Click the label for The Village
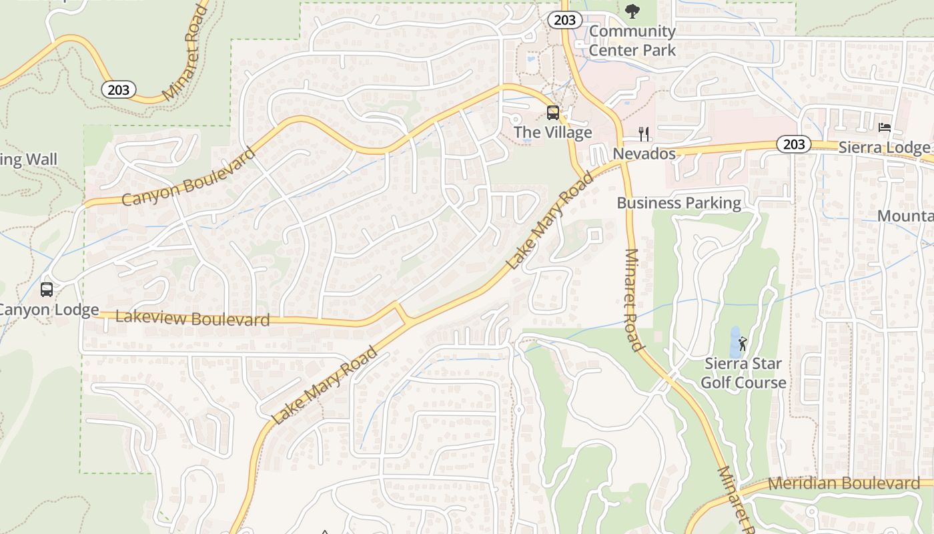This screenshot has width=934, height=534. (x=552, y=132)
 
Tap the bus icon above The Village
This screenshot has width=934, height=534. (x=552, y=112)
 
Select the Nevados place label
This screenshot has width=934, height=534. (x=644, y=154)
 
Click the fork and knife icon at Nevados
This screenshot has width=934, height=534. (x=644, y=134)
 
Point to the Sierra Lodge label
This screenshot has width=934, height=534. (x=884, y=148)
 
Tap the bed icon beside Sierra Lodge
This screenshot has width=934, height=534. (x=885, y=127)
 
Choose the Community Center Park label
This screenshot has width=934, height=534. (x=632, y=40)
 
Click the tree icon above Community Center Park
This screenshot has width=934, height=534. (x=632, y=11)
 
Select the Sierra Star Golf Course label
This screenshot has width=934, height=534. (x=743, y=373)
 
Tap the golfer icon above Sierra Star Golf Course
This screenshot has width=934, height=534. (x=743, y=344)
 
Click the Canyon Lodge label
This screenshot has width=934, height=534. (x=48, y=310)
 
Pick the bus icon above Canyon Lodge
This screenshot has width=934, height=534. (x=47, y=290)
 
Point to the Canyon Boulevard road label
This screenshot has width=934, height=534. (x=189, y=177)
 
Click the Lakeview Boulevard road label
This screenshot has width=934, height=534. (x=192, y=318)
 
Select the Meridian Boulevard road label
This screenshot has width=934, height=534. (x=843, y=483)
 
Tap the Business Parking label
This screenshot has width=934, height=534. (x=678, y=203)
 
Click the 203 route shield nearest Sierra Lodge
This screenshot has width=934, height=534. (x=794, y=144)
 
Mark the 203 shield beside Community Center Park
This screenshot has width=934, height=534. (x=564, y=20)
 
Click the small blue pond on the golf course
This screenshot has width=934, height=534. (x=735, y=342)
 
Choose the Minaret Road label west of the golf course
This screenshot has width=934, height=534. (x=634, y=300)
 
